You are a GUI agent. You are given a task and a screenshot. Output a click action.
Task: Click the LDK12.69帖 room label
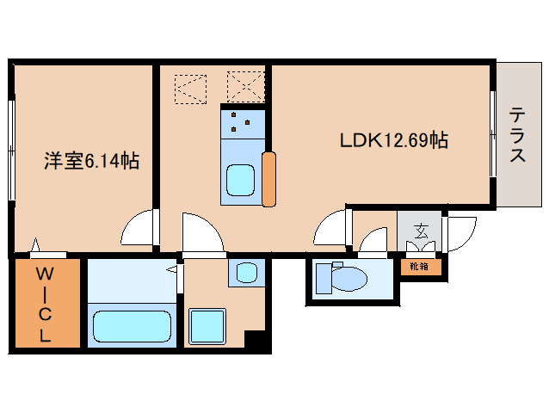394,140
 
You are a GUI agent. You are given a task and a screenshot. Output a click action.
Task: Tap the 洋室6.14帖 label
92,161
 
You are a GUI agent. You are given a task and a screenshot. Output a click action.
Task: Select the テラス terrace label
517,135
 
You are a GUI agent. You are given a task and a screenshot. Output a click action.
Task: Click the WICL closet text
45,304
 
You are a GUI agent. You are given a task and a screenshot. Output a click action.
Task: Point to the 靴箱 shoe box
419,267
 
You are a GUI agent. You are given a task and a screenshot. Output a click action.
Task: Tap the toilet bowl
349,279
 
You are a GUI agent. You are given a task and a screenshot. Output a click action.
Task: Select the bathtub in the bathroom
132,326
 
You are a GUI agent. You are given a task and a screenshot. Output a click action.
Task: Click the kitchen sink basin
240,180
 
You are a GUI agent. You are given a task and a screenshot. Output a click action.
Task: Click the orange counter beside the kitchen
268,179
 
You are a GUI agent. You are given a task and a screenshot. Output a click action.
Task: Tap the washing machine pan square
207,326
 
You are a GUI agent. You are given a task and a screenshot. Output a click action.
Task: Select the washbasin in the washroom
247,272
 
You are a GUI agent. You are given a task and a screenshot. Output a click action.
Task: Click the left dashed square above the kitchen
190,89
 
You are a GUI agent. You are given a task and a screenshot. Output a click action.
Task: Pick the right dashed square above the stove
245,86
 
